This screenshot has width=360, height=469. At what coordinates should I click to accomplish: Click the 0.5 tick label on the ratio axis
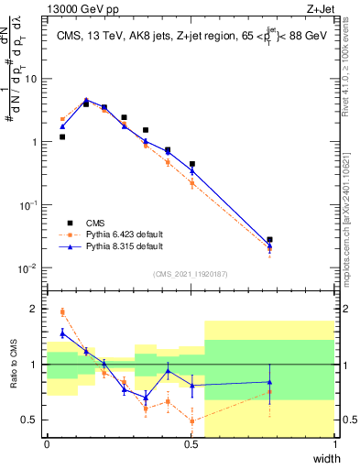(x=32, y=420)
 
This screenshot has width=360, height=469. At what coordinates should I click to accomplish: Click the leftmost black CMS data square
(x=62, y=136)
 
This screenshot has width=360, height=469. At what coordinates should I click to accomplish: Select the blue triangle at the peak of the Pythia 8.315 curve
(x=86, y=100)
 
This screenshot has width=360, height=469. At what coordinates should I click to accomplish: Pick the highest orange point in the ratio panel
(x=62, y=312)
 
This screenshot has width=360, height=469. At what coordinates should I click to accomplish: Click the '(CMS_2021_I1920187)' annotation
(x=191, y=273)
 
